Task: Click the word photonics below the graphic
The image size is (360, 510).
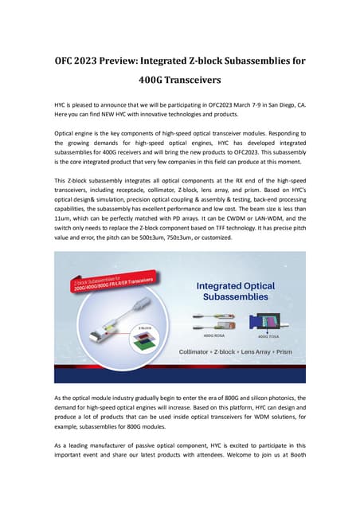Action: pos(278,395)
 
